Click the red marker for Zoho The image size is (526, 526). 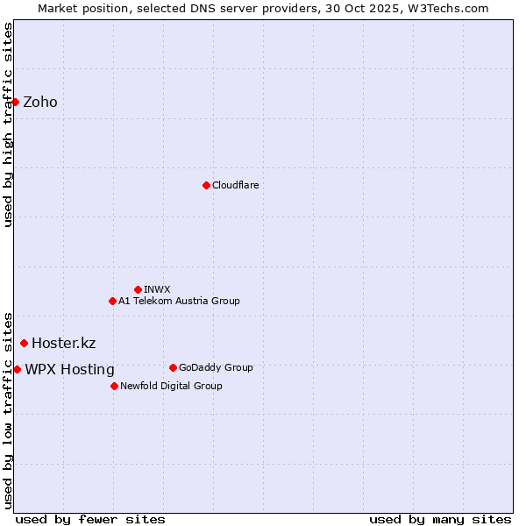[x=15, y=102]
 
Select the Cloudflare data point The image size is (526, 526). [x=206, y=185]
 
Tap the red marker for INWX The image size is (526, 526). [x=138, y=289]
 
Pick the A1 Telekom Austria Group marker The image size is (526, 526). [x=112, y=301]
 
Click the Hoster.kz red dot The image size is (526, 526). [x=24, y=343]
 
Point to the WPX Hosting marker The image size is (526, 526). [x=17, y=369]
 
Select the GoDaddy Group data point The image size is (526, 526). [x=173, y=367]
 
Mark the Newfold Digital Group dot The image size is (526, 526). [x=114, y=386]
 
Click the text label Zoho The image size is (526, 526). [x=40, y=102]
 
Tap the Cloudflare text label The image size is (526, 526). [x=235, y=185]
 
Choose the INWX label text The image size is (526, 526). [x=157, y=289]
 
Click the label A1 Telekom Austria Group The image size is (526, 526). [x=179, y=301]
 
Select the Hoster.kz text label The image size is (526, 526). [x=63, y=343]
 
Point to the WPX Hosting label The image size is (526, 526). [x=69, y=369]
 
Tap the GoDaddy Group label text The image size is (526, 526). [x=216, y=367]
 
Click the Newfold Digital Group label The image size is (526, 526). [x=171, y=386]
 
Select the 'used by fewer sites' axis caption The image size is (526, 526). [x=90, y=519]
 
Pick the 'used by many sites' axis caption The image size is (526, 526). [x=440, y=519]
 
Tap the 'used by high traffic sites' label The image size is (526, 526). [x=9, y=124]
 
